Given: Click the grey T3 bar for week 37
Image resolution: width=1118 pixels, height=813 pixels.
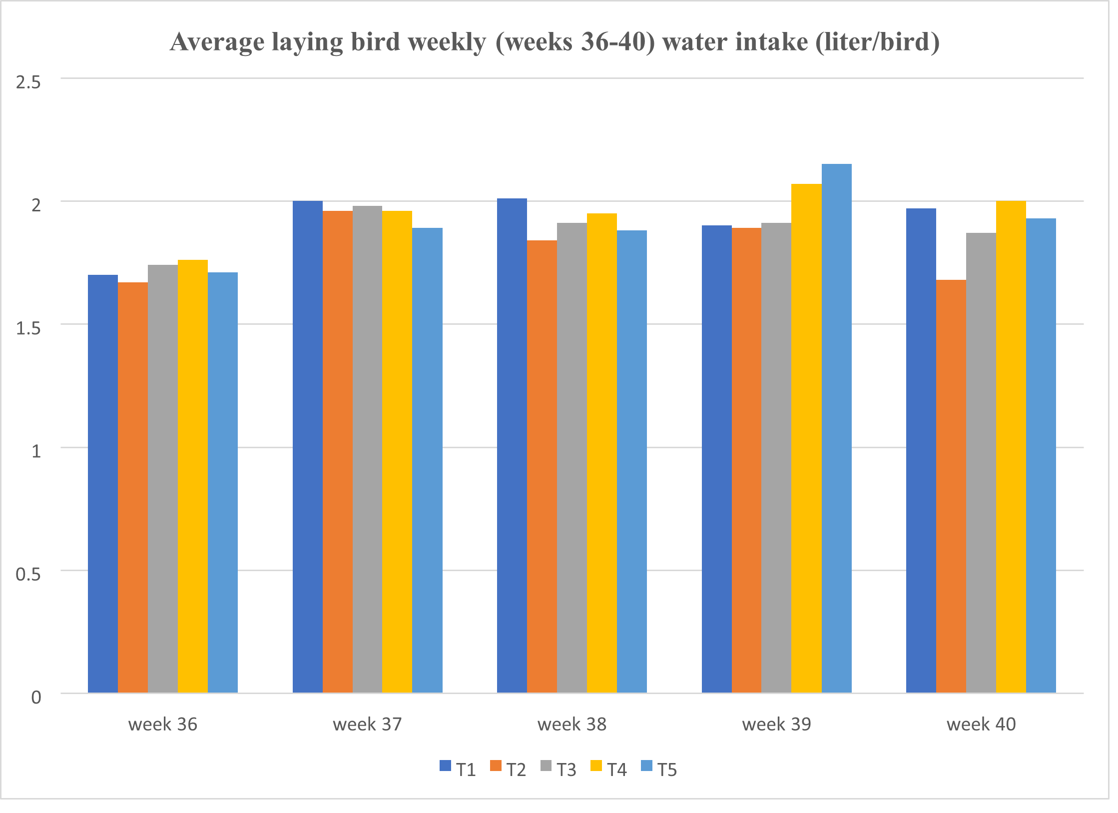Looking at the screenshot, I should pyautogui.click(x=367, y=449).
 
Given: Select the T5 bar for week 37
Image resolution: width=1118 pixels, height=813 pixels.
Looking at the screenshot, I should pyautogui.click(x=427, y=460).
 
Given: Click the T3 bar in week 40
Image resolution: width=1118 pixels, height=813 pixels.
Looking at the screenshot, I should pyautogui.click(x=981, y=463).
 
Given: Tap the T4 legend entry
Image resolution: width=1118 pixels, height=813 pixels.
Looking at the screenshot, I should pyautogui.click(x=609, y=769).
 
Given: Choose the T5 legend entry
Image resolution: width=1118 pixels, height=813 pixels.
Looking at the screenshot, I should pyautogui.click(x=659, y=769).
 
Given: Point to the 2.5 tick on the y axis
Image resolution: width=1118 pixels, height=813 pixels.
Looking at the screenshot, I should pyautogui.click(x=28, y=82).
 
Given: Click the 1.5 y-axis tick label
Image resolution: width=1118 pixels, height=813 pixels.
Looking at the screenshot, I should pyautogui.click(x=28, y=328).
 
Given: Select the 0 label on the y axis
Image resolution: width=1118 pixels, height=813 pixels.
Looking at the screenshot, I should pyautogui.click(x=36, y=697).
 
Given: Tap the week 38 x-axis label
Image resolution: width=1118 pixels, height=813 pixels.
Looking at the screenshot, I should pyautogui.click(x=572, y=724).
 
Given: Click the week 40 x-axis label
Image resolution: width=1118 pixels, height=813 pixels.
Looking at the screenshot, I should pyautogui.click(x=981, y=724).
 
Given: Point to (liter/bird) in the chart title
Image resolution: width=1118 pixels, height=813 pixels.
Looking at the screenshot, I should pyautogui.click(x=877, y=42).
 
